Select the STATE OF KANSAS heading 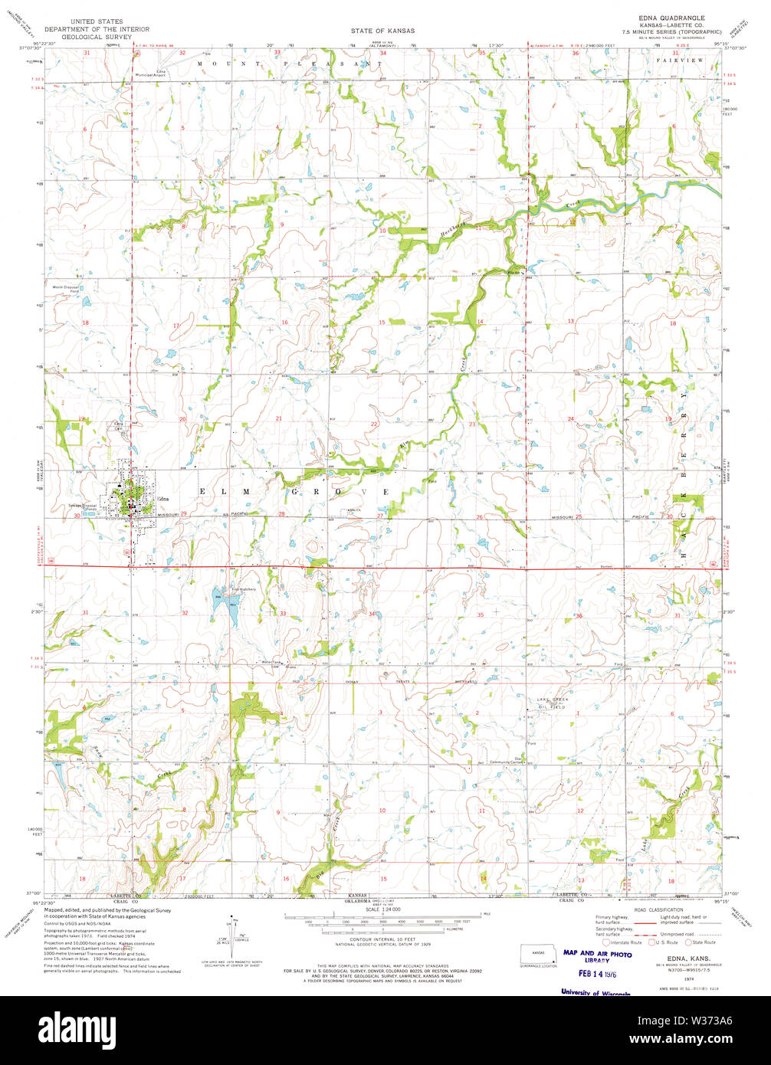[383, 31]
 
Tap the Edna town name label [162, 498]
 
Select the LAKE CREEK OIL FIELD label [552, 703]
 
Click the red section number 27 [380, 516]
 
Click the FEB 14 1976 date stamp [595, 974]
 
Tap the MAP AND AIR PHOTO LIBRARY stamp [598, 956]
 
